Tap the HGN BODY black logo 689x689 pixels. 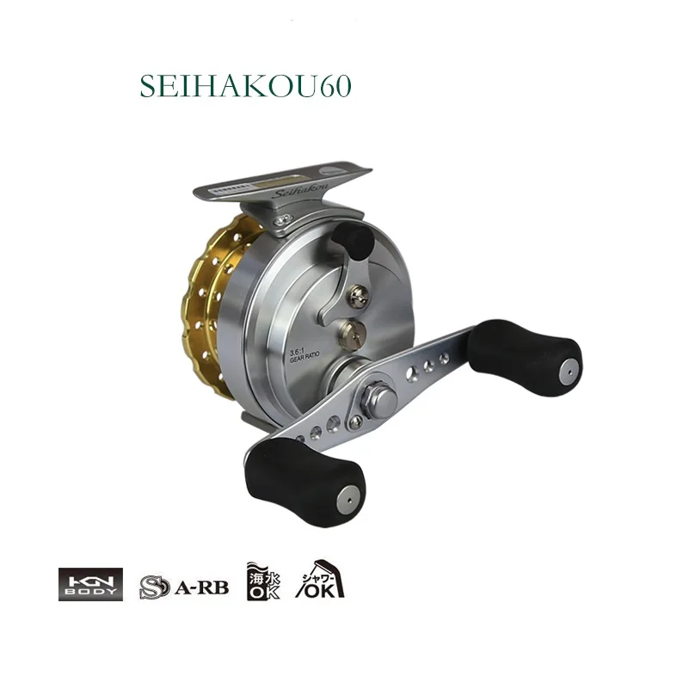pos(90,583)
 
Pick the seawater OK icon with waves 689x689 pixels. pos(262,581)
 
